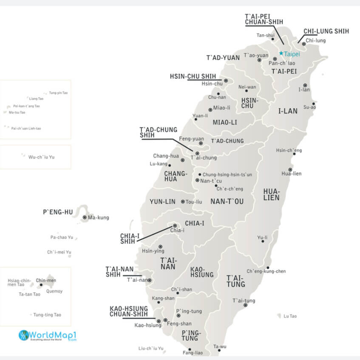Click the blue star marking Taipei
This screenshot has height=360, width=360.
281,53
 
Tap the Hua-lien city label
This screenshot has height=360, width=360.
291,173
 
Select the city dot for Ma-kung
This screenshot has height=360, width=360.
85,217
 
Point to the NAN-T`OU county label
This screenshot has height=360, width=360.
227,202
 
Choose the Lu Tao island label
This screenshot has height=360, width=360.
290,316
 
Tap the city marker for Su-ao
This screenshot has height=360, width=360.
314,103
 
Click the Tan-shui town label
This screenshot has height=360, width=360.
266,35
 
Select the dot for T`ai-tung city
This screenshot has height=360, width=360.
245,305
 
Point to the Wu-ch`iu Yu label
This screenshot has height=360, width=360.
41,157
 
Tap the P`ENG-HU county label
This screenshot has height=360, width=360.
58,211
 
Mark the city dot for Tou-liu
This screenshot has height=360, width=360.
183,202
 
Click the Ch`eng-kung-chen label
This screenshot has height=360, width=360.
266,271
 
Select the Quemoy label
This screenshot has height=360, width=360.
54,291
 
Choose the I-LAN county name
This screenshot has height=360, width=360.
288,111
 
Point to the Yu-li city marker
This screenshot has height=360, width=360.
263,241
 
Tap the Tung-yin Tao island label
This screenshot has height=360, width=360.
58,93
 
